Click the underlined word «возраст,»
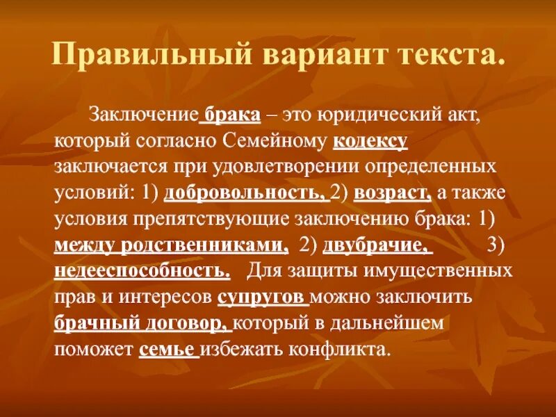click(x=392, y=193)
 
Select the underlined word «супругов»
click(x=263, y=296)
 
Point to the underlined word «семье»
click(x=167, y=348)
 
